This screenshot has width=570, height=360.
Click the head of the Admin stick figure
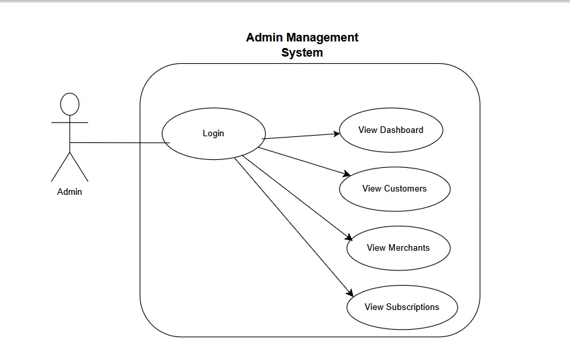[70, 104]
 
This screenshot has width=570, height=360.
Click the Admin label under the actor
[70, 192]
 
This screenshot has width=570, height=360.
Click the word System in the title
[302, 53]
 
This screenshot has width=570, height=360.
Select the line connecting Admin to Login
[118, 142]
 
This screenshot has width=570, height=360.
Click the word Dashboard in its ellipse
[402, 130]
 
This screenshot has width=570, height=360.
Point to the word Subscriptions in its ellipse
[413, 307]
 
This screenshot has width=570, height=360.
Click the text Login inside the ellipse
[213, 133]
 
